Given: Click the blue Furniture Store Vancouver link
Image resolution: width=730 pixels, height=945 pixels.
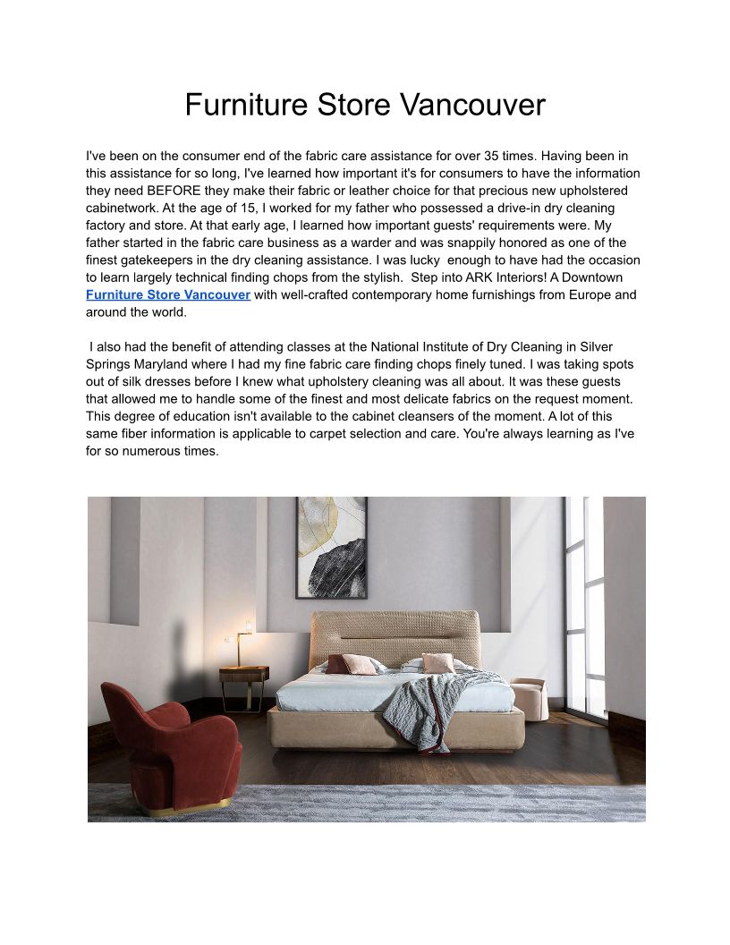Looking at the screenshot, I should point(168,294).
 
